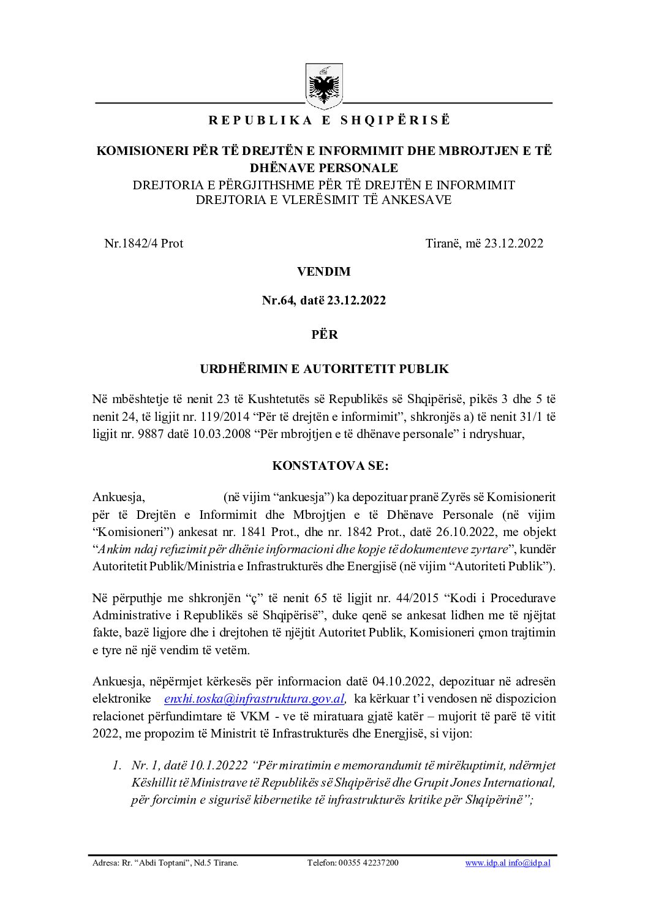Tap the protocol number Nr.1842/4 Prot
tap(144, 243)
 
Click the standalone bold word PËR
tap(324, 335)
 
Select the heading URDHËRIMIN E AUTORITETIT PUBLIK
tap(324, 369)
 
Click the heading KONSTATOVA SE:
tap(324, 466)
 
